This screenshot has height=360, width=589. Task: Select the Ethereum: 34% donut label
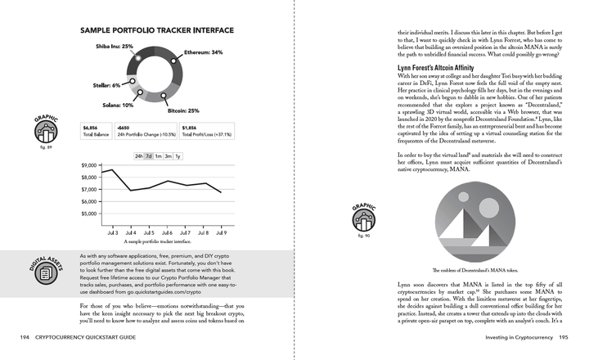pos(204,52)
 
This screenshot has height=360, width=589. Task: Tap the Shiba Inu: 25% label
pos(115,47)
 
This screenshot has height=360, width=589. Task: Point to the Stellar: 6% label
pos(104,85)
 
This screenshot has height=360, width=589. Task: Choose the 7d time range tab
pos(149,155)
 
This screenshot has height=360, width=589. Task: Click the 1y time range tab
pos(178,155)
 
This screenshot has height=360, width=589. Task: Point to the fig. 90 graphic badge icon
pos(365,218)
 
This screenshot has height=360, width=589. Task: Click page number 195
pos(570,336)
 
